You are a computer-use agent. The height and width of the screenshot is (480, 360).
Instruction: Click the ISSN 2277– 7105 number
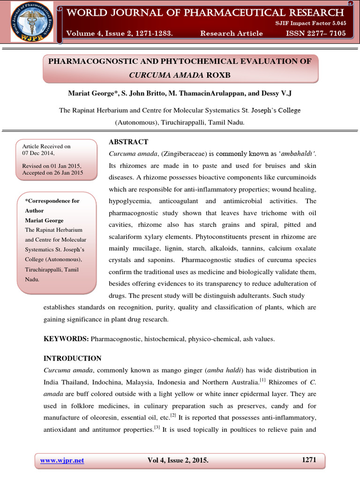point(317,33)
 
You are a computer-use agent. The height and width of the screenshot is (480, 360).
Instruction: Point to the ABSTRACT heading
point(128,142)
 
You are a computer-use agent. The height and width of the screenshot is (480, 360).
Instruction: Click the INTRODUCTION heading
point(72,359)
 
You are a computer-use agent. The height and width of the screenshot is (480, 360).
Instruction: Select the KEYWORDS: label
point(66,338)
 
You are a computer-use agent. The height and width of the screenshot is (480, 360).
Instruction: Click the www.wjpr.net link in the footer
point(62,460)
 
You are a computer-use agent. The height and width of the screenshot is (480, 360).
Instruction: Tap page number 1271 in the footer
point(308,460)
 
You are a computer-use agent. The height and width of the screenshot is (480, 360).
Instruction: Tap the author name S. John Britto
point(149,93)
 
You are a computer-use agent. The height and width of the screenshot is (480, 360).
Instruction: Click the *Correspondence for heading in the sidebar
point(52,201)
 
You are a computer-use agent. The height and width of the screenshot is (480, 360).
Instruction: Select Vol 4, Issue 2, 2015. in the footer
point(178,460)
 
